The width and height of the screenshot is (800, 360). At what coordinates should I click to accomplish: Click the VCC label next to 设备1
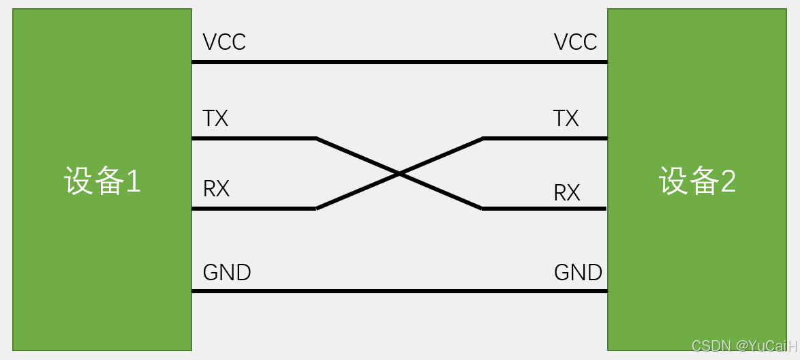tap(224, 42)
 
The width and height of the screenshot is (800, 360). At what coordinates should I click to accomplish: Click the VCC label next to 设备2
tap(575, 42)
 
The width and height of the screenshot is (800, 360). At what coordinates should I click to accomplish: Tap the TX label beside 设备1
tap(215, 119)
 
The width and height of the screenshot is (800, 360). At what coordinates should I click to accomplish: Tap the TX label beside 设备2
tap(566, 119)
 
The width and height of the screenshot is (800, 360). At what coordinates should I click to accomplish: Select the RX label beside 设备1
tap(217, 189)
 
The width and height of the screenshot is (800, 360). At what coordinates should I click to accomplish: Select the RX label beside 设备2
tap(567, 193)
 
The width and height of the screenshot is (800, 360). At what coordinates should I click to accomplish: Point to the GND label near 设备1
tap(227, 273)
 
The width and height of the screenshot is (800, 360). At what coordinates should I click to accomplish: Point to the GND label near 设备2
tap(578, 273)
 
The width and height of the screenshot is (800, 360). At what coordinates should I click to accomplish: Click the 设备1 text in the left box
tap(102, 181)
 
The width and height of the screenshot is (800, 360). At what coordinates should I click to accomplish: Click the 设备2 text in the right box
tap(697, 181)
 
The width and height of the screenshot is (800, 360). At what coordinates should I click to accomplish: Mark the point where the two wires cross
tap(399, 174)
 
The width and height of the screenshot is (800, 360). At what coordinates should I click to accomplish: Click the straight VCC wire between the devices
tap(399, 62)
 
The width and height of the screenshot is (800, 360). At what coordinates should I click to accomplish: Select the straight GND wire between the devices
tap(399, 291)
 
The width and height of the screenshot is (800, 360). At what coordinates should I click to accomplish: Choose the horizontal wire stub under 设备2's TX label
tap(545, 138)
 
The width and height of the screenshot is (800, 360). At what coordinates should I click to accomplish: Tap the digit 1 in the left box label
tap(133, 181)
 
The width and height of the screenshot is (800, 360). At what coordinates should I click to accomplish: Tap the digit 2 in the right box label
tap(728, 181)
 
